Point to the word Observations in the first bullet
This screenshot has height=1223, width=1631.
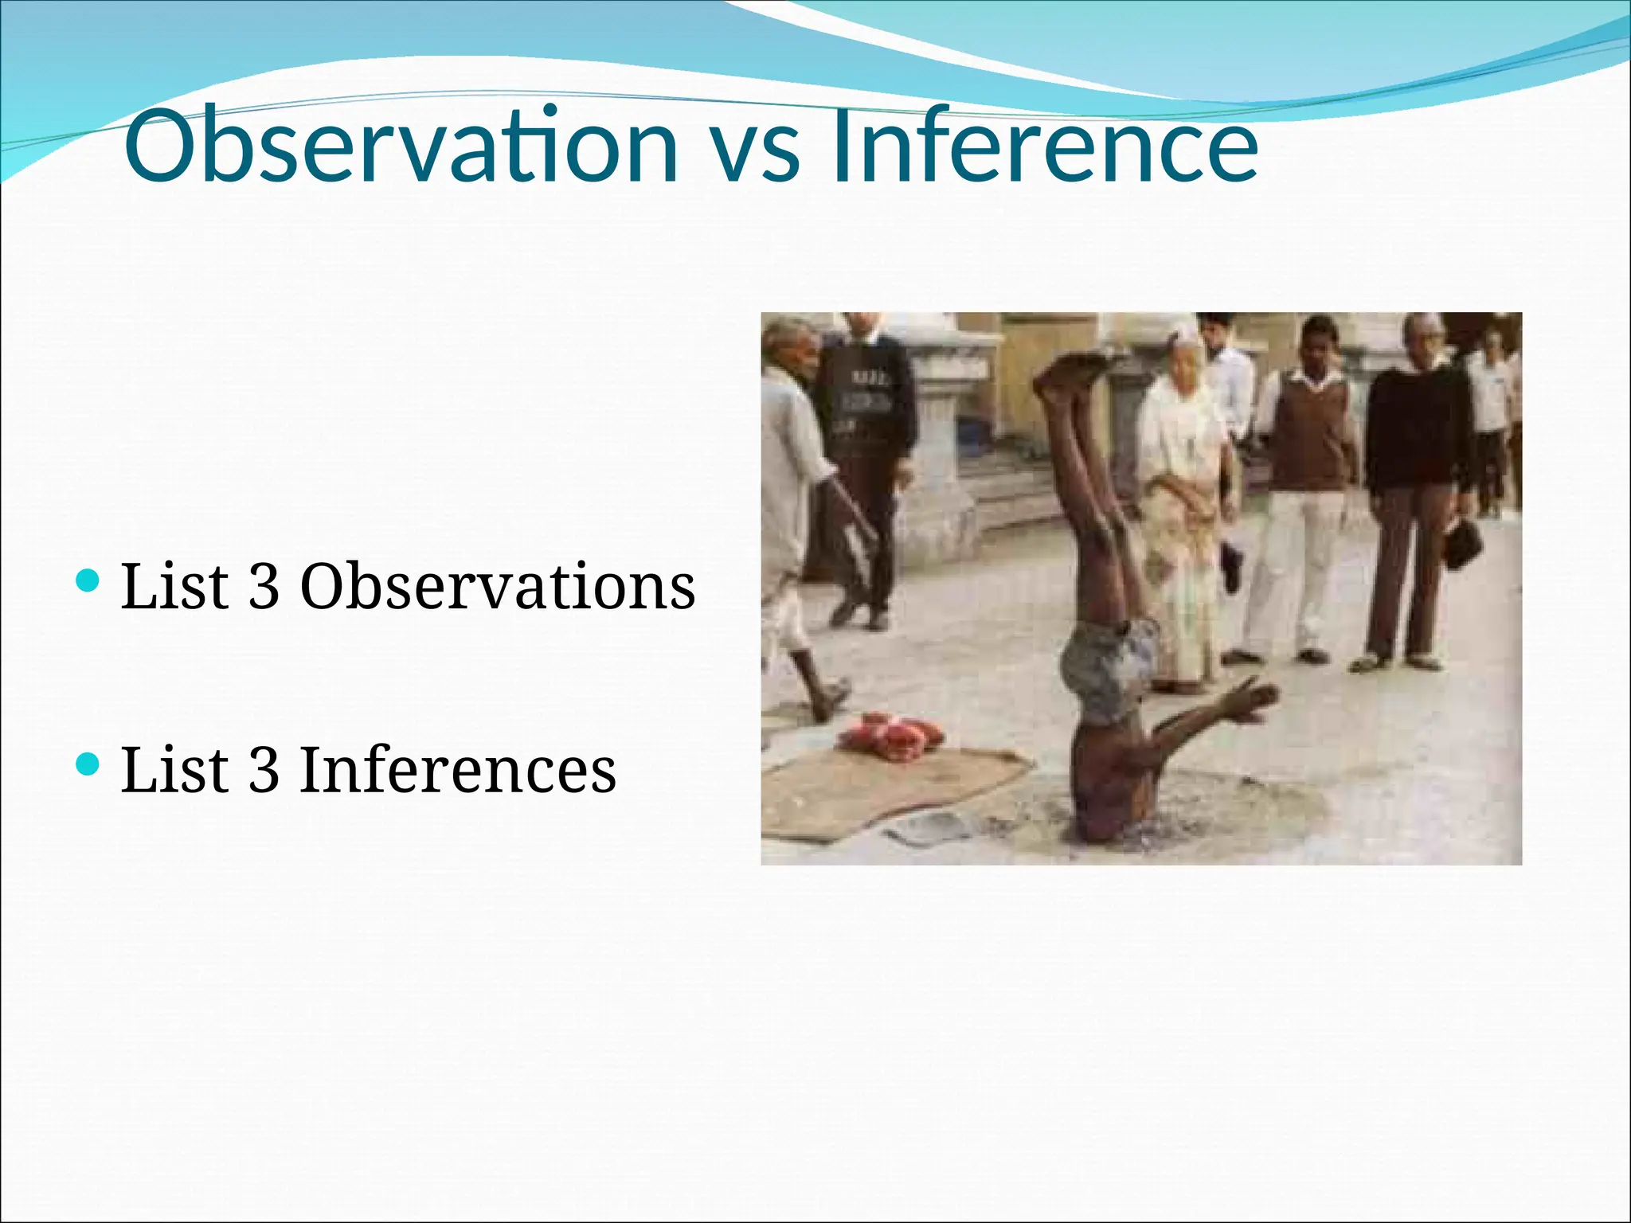pyautogui.click(x=498, y=586)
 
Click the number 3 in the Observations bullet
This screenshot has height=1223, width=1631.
pyautogui.click(x=264, y=586)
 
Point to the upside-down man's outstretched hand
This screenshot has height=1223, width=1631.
pyautogui.click(x=1250, y=701)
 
